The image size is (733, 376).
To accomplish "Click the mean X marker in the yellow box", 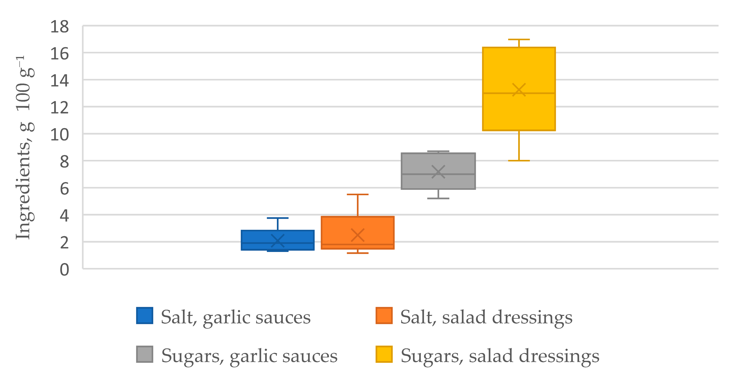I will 519,90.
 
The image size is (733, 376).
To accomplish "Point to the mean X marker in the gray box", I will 438,172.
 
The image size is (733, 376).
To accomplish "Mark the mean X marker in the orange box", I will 358,235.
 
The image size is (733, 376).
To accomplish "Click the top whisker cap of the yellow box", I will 519,39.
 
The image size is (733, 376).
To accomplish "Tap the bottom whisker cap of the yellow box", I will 519,161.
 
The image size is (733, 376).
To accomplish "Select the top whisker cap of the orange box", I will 358,194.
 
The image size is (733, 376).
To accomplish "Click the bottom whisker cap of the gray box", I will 438,198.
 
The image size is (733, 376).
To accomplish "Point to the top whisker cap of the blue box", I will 277,218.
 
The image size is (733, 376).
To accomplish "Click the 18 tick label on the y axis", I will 60,27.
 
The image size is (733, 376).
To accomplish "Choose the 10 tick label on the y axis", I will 60,135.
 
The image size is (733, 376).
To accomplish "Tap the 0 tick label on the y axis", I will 64,270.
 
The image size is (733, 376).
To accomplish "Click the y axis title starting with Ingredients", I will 25,148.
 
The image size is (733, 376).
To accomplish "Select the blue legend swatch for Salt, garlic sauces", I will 144,315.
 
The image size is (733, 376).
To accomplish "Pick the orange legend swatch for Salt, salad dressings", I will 384,315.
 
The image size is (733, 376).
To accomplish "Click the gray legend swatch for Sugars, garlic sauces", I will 144,354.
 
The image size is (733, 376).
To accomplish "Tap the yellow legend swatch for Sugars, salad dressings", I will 384,354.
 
